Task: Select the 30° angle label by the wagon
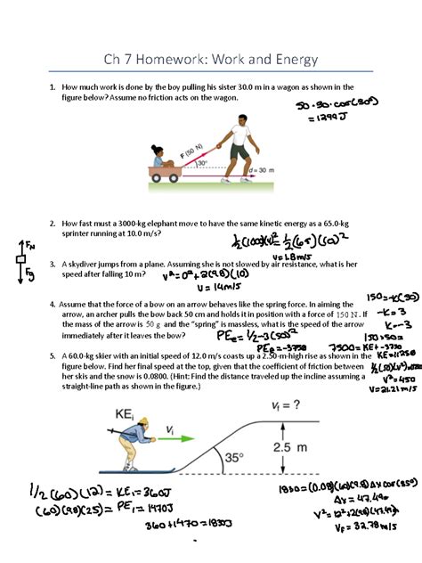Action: [202, 163]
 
